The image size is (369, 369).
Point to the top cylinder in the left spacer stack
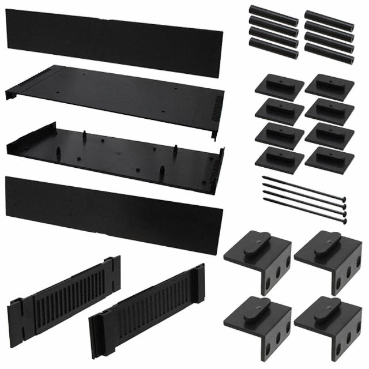pyautogui.click(x=273, y=13)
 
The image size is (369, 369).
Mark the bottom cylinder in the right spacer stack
pyautogui.click(x=329, y=55)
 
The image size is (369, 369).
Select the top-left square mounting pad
pyautogui.click(x=279, y=86)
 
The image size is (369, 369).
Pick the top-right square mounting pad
pyautogui.click(x=329, y=86)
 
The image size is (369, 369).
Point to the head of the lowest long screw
pyautogui.click(x=345, y=220)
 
